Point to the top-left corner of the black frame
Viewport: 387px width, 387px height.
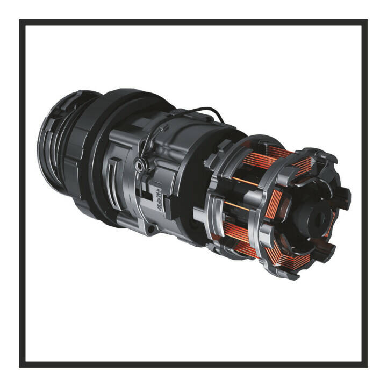21,21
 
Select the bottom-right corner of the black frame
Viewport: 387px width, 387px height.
366,366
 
